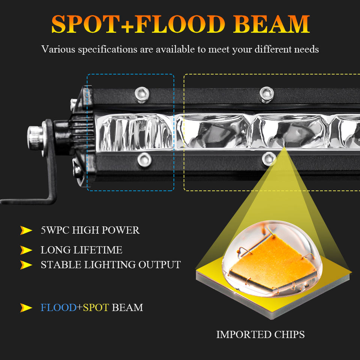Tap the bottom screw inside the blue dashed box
144,160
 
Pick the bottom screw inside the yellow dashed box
269,159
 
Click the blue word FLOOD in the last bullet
58,308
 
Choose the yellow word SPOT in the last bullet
96,308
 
